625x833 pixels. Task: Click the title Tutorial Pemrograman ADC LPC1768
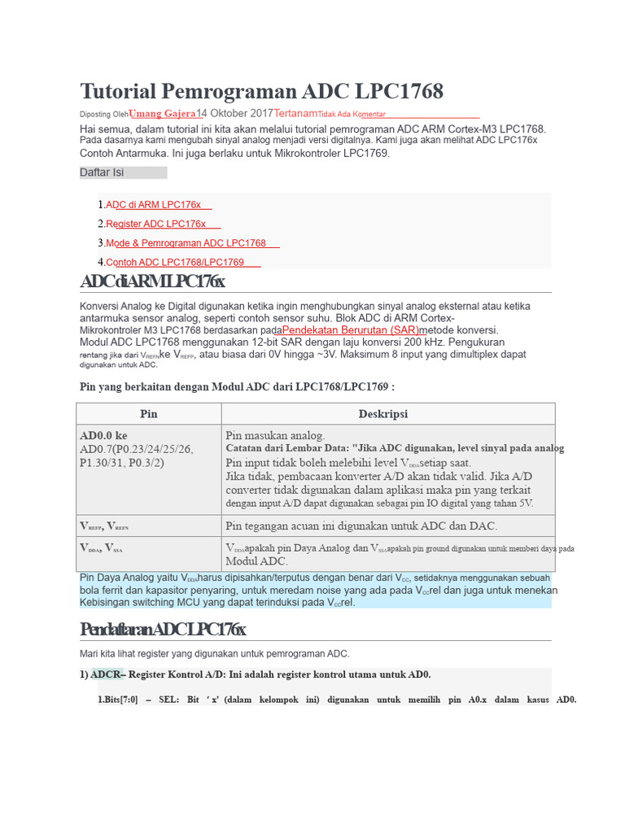point(261,91)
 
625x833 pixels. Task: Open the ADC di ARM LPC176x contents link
point(154,205)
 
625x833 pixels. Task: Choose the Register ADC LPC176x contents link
point(156,224)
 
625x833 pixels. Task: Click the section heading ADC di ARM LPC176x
point(152,281)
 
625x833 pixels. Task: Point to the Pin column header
point(149,413)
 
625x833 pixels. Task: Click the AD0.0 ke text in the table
point(103,435)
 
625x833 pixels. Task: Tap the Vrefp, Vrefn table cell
point(103,526)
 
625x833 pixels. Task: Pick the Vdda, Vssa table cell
point(102,548)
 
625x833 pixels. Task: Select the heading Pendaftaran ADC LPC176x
point(162,630)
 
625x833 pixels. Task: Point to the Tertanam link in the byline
point(295,113)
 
